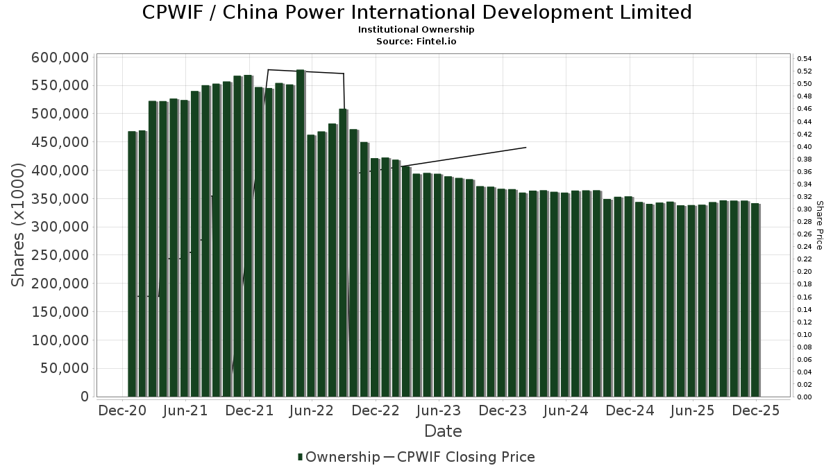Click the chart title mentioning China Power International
click(x=416, y=12)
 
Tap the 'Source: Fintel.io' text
click(x=416, y=41)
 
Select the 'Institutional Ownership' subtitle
click(x=416, y=30)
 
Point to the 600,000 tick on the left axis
click(x=60, y=58)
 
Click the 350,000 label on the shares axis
click(x=60, y=199)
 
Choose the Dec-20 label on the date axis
click(x=122, y=410)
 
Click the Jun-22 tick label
click(x=312, y=410)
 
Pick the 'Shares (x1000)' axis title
click(x=18, y=225)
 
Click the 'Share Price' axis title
click(x=819, y=225)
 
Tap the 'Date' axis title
click(x=443, y=431)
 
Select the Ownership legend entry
click(x=339, y=457)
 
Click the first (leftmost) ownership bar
click(x=132, y=263)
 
